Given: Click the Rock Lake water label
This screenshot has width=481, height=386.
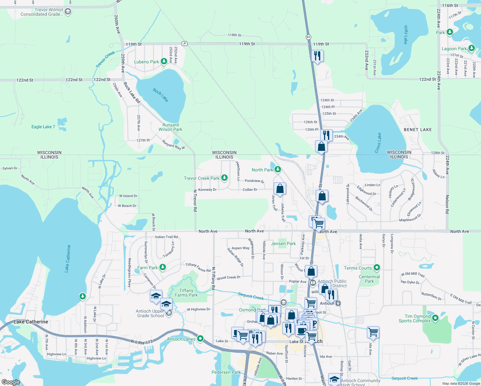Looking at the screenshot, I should (160, 95).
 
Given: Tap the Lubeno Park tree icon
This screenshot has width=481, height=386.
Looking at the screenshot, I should (164, 61).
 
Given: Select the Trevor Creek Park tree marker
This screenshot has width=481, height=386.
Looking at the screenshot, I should (224, 178).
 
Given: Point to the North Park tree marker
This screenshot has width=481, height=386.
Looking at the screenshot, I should (277, 170).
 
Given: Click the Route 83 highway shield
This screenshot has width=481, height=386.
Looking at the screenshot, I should (308, 37).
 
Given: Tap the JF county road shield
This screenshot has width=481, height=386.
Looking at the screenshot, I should (184, 43).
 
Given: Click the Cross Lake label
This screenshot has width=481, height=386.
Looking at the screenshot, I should (378, 143).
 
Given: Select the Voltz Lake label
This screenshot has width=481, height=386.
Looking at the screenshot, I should (406, 34).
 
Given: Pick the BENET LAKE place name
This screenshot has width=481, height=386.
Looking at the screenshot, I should (418, 130).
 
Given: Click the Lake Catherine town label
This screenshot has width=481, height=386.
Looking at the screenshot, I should (31, 322).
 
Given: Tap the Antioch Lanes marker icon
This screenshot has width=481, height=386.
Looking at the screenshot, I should (200, 338).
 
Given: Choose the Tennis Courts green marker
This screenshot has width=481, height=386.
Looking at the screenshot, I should (377, 267).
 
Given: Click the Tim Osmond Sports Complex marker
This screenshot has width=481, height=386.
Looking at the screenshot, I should (435, 318).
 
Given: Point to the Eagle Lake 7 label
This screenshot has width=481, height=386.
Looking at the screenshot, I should (43, 127).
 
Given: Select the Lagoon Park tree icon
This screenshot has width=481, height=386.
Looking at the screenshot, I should (471, 48).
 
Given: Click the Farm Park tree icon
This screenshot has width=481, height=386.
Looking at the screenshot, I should (163, 267).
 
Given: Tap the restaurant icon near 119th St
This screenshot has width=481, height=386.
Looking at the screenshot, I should (317, 56).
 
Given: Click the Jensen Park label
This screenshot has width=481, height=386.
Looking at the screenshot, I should (283, 244).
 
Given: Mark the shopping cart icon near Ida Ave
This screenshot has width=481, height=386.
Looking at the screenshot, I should (373, 332).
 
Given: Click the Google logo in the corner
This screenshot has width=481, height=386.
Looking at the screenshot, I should (11, 382).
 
